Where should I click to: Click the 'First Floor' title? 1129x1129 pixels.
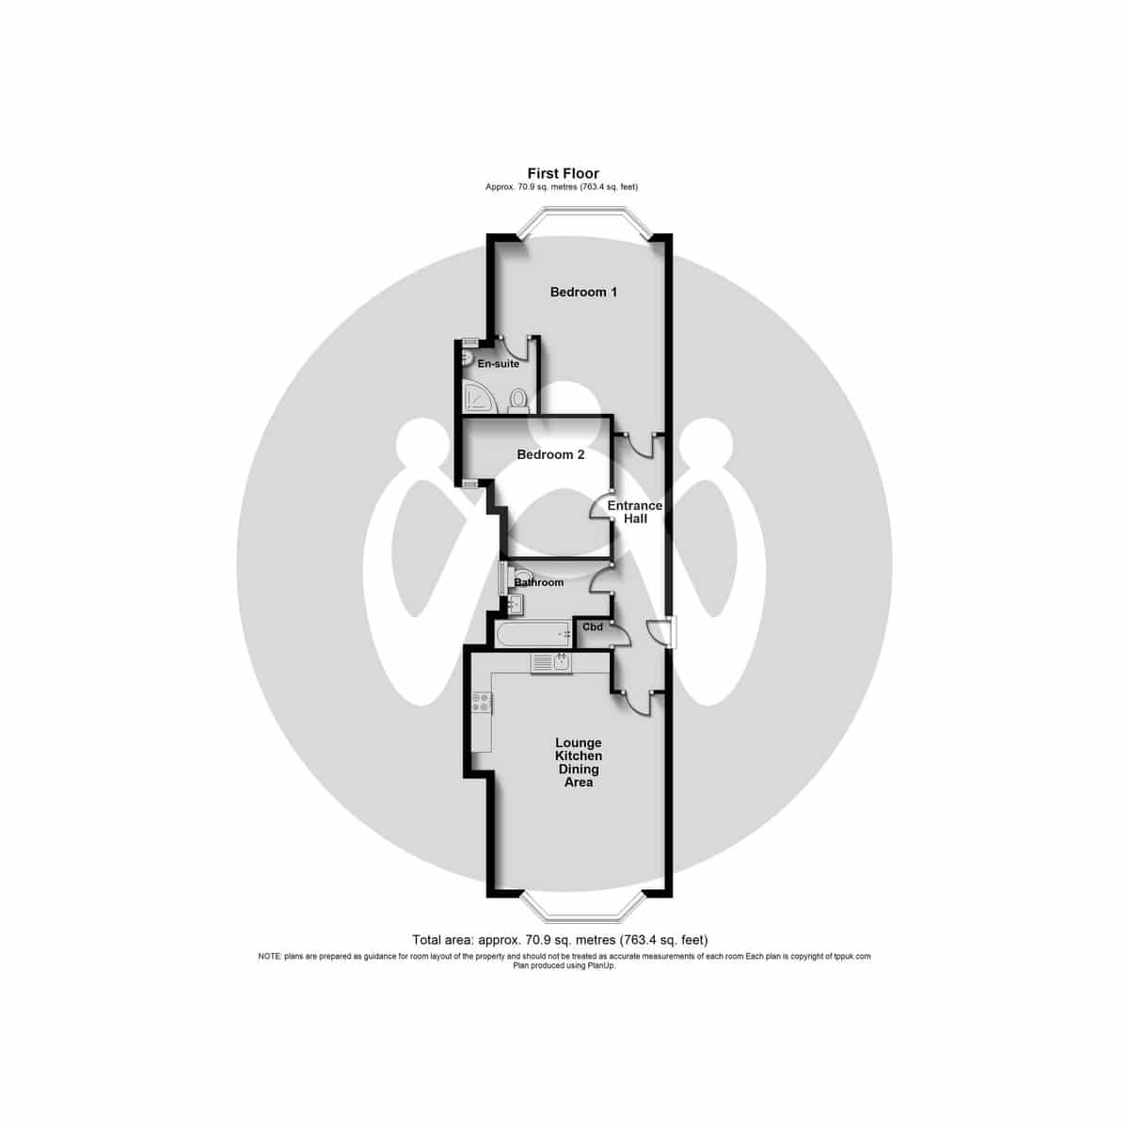coord(563,173)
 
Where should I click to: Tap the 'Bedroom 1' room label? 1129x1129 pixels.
coord(583,292)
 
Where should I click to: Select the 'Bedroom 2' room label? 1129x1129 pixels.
coord(550,454)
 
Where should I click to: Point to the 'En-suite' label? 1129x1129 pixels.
coord(498,364)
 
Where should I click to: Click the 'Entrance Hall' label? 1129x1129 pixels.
coord(634,512)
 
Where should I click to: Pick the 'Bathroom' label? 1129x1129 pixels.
coord(538,582)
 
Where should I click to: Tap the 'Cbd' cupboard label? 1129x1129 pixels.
coord(593,627)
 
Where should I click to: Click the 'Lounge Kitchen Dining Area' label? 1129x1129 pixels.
coord(579,762)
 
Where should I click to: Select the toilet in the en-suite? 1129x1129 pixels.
coord(517,400)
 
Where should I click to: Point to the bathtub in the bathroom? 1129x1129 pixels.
coord(533,634)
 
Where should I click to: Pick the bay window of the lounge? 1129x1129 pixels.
coord(583,913)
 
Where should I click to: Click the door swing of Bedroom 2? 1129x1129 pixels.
coord(599,505)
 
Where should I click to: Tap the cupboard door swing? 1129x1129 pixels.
coord(622,634)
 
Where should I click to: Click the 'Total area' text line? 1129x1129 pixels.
coord(560,940)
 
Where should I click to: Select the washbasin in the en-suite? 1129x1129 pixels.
coord(468,357)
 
